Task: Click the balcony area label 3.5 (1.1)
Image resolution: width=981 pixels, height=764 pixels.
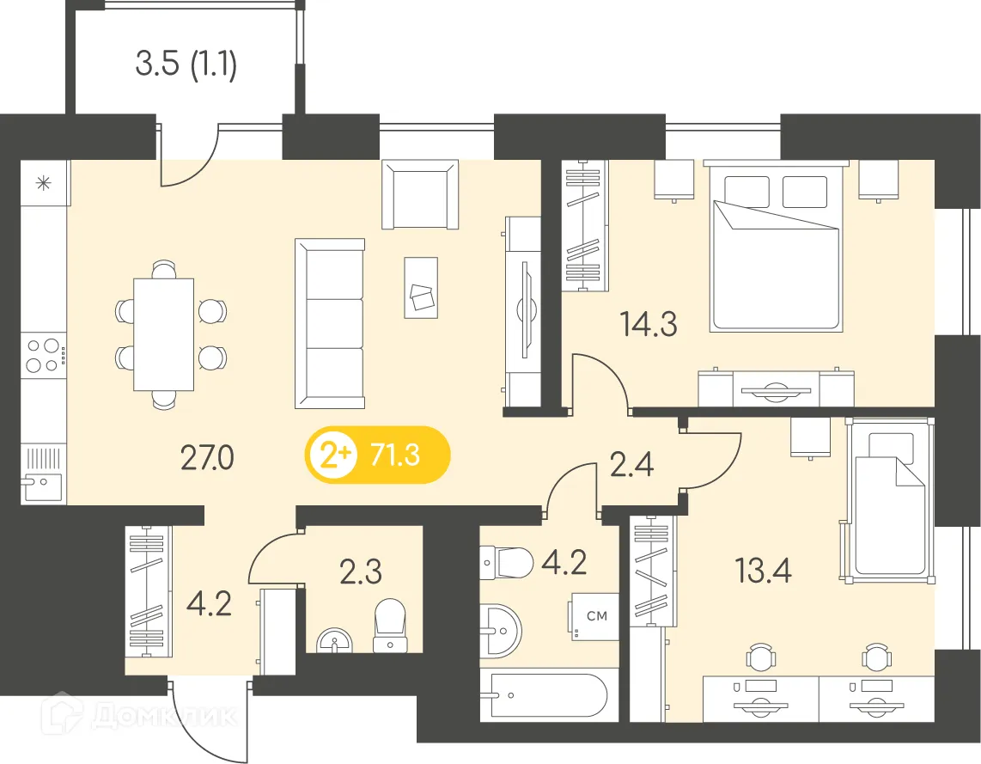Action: (x=186, y=64)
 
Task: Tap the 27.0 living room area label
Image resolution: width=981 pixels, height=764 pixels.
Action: (x=206, y=459)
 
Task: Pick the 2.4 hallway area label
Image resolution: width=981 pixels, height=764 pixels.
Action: (x=631, y=464)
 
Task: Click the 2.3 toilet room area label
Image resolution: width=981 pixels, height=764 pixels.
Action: (x=361, y=571)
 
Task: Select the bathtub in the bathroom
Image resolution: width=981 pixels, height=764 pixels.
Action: (x=545, y=696)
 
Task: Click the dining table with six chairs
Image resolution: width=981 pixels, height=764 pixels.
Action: (x=163, y=333)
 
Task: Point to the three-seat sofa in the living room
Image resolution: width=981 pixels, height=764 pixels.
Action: (x=331, y=323)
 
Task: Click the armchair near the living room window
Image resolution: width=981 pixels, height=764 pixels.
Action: (x=419, y=195)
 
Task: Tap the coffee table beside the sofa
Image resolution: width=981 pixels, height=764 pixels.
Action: (x=423, y=287)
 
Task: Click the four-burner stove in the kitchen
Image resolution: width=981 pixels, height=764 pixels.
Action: (x=44, y=355)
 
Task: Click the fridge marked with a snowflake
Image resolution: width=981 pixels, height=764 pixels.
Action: (x=44, y=183)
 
